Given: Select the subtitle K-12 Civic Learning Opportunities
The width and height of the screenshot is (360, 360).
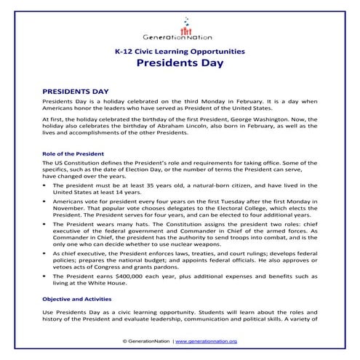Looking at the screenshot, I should [179, 51].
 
